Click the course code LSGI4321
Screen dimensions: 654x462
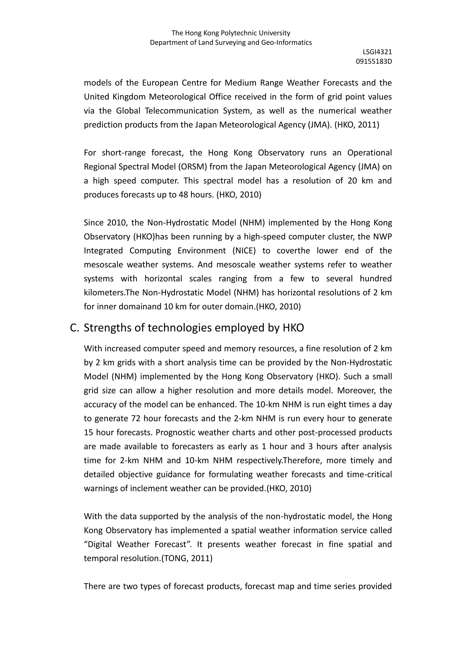(377, 52)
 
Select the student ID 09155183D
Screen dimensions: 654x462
(374, 61)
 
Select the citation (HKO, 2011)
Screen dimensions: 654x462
(357, 125)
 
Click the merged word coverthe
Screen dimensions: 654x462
(293, 251)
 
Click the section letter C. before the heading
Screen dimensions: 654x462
(74, 328)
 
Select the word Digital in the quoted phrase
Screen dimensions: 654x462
(98, 544)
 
